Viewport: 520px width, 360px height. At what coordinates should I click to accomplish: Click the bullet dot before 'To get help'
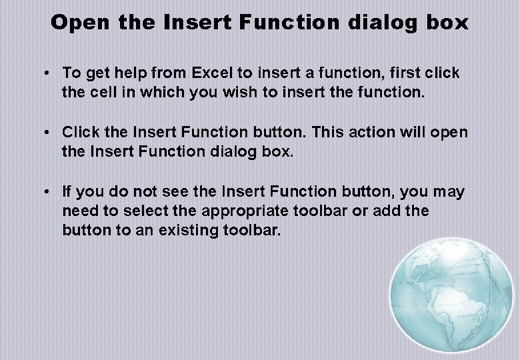(x=49, y=73)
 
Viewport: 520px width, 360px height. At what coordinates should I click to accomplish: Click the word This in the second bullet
(x=327, y=132)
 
